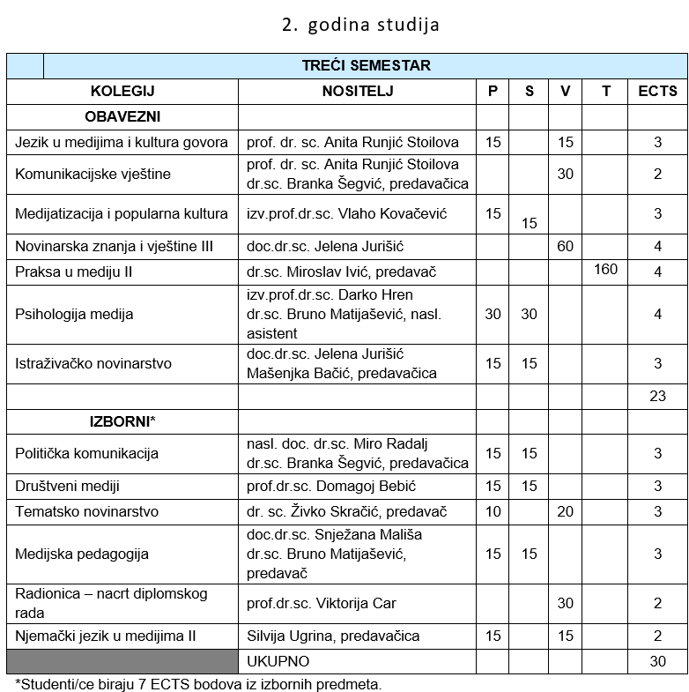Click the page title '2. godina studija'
[x=360, y=25]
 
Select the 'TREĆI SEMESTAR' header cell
[x=366, y=66]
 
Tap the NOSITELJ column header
[x=357, y=91]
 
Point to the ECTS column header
[x=657, y=91]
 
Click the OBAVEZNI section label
[x=122, y=116]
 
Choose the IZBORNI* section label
[x=122, y=420]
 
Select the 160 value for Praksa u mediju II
[x=605, y=269]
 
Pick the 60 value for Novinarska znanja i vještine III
[x=565, y=247]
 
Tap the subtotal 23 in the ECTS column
[x=657, y=396]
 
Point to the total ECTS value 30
[x=657, y=660]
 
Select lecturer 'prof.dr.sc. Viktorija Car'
[x=322, y=603]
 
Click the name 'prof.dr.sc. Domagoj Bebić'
[x=331, y=486]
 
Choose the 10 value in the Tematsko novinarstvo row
[x=493, y=511]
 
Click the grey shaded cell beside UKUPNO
[x=122, y=660]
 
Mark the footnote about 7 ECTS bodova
[x=199, y=683]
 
